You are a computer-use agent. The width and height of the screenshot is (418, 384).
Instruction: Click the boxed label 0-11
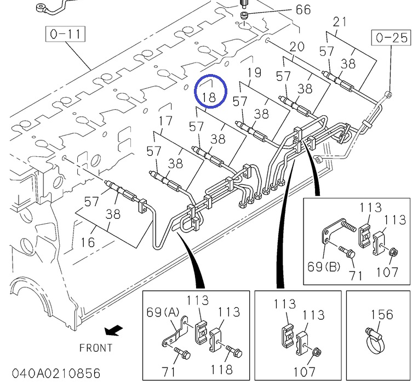point(65,35)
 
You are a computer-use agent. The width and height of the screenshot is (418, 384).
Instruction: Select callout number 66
point(303,9)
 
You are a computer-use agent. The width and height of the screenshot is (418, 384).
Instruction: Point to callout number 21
point(340,22)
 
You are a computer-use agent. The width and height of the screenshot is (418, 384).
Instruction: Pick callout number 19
point(254,72)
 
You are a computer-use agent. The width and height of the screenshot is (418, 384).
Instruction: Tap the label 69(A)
point(163,313)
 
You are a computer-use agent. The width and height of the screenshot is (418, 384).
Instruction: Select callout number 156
point(382,314)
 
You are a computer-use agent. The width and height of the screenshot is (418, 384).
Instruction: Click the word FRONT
point(96,348)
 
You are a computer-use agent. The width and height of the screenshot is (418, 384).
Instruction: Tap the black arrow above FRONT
point(114,330)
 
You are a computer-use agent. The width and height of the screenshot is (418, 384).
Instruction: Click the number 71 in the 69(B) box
point(357,274)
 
